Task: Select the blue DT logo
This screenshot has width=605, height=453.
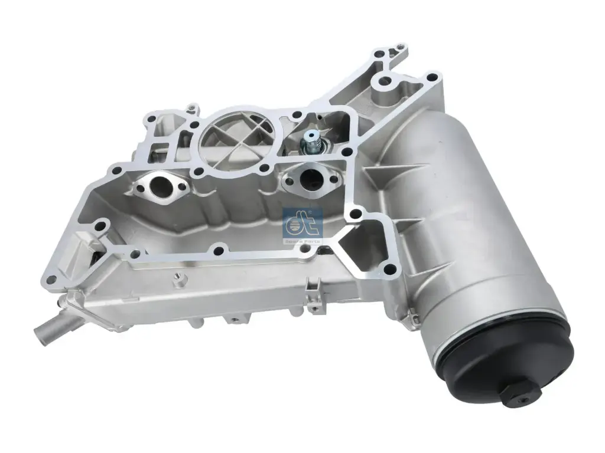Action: [303, 221]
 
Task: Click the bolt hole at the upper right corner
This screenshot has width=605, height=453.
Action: [433, 77]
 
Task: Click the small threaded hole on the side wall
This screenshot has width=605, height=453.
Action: [177, 276]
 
